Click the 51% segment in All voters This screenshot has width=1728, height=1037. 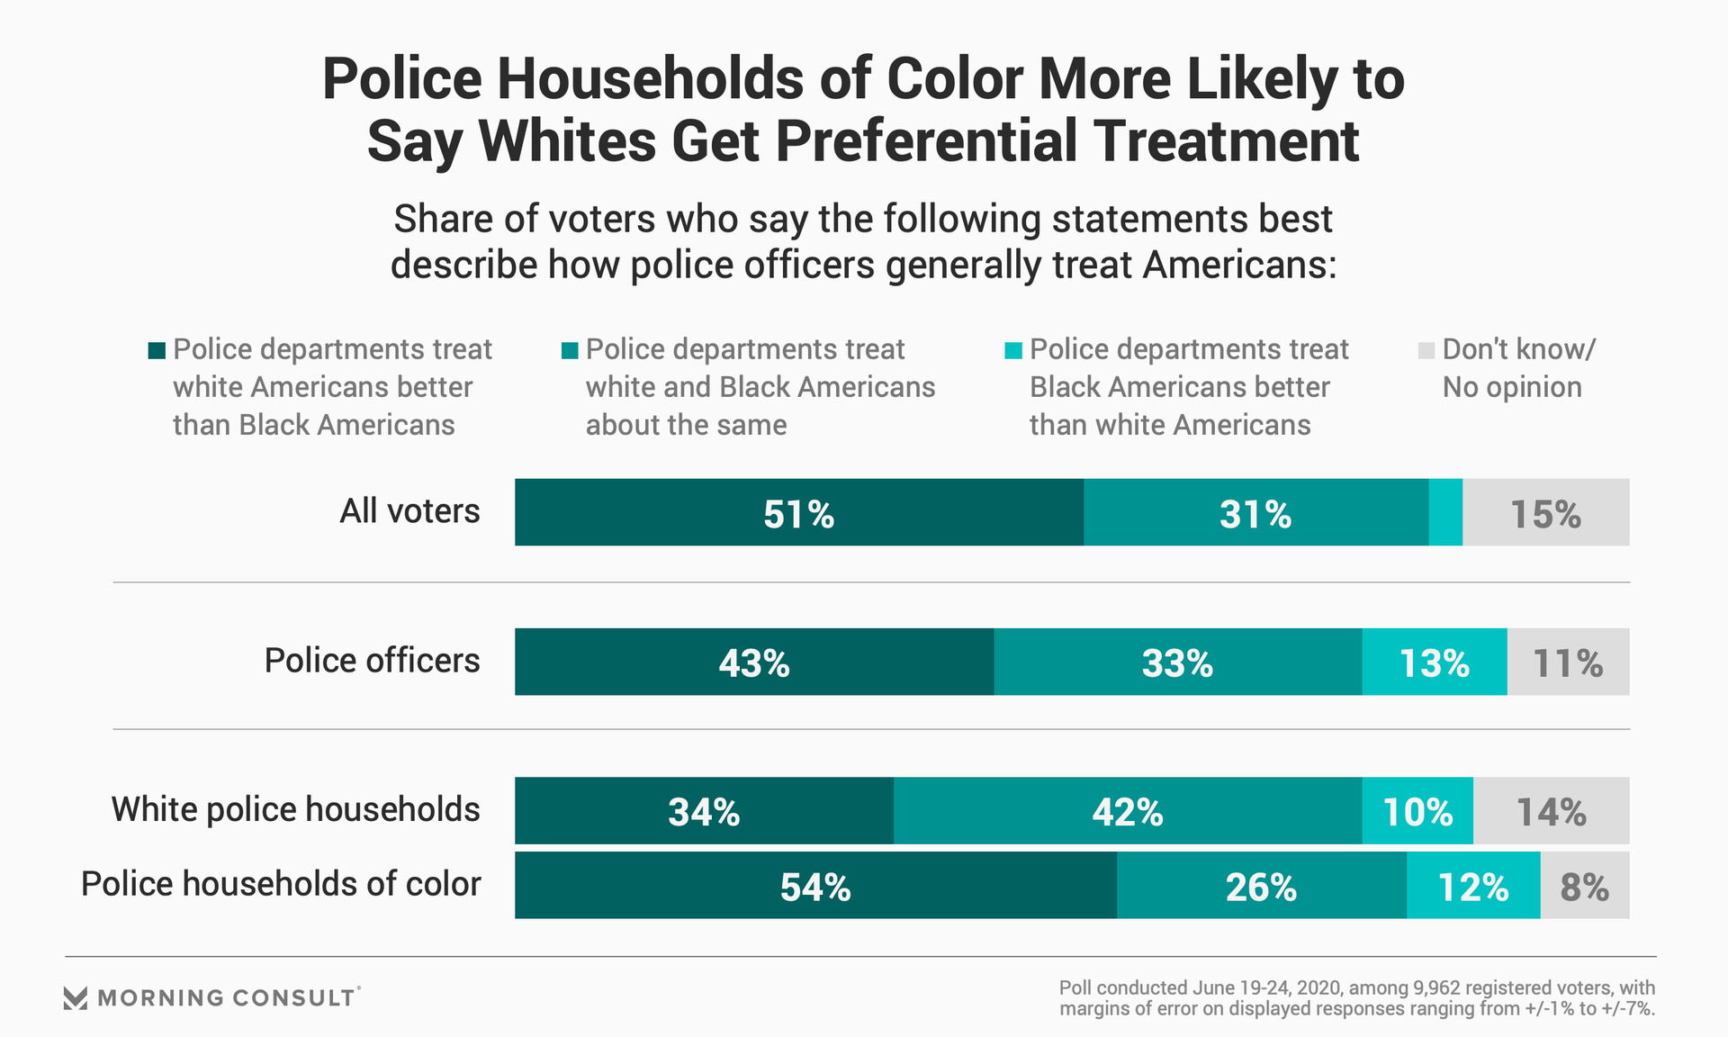(x=799, y=512)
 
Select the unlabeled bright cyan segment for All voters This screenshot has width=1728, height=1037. (x=1445, y=512)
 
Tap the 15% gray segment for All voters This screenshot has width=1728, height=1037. (x=1545, y=512)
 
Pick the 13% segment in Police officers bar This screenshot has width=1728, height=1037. (x=1435, y=662)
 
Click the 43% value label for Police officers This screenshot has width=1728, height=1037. (x=754, y=663)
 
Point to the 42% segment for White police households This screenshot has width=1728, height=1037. (x=1128, y=811)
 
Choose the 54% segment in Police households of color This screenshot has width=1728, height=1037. (x=815, y=886)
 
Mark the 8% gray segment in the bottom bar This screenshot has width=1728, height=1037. (x=1585, y=886)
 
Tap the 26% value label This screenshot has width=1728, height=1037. (x=1261, y=888)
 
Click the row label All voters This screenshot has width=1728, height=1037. (x=409, y=511)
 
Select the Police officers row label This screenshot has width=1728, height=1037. (x=372, y=661)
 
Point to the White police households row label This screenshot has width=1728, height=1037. (x=295, y=809)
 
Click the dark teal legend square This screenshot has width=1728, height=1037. (x=157, y=350)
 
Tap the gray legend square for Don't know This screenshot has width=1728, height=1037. (x=1426, y=350)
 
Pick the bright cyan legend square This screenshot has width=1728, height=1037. (x=1013, y=350)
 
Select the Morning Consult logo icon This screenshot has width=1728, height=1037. (x=76, y=997)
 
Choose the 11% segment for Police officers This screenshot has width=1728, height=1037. (x=1568, y=662)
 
